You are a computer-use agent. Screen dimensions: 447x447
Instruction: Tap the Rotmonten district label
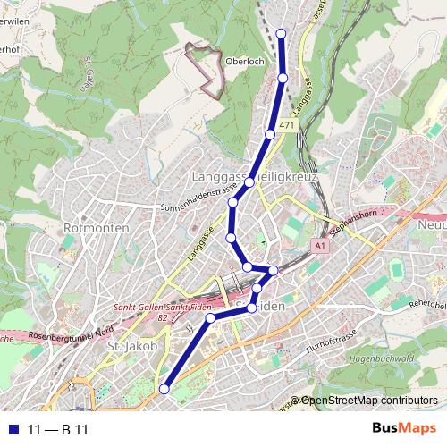[x=97, y=229]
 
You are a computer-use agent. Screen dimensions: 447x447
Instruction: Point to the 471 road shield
[x=286, y=126]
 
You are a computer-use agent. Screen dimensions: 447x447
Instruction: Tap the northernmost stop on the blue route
[x=281, y=33]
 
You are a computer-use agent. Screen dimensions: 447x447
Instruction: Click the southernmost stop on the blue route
[x=164, y=389]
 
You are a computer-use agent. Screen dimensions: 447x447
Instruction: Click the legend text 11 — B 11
[x=58, y=429]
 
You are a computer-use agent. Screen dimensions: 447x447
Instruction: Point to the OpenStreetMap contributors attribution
[x=368, y=401]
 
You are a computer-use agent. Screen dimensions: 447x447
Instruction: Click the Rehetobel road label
[x=428, y=305]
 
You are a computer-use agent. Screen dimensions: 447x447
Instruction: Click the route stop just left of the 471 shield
[x=270, y=135]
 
